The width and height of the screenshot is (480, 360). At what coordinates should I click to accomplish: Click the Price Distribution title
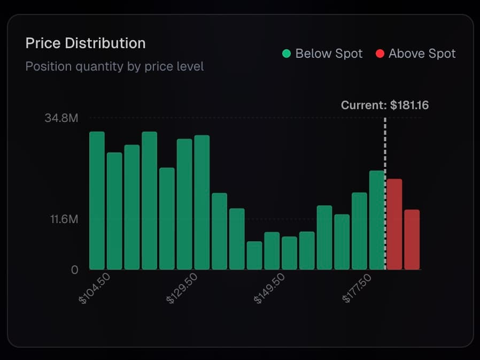coord(86,43)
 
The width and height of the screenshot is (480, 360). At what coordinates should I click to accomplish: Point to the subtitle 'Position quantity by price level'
coord(114,67)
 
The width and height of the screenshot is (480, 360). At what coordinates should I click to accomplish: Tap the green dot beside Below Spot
coord(287,53)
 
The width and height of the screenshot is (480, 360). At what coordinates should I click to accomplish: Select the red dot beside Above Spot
coord(380,53)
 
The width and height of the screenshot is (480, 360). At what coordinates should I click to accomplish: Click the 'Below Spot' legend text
coord(329,53)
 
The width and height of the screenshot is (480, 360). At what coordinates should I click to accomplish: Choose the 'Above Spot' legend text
coord(422,53)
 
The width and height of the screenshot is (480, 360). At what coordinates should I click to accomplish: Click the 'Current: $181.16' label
coord(384,105)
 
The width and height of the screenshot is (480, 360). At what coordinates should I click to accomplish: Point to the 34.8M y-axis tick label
coord(61,118)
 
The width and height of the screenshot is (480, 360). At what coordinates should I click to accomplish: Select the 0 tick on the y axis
coord(75,269)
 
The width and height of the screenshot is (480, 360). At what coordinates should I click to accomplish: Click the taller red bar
coord(394,225)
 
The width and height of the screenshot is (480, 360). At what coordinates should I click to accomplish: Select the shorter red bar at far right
coord(412,240)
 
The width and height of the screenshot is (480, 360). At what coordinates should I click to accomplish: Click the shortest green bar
coord(254,256)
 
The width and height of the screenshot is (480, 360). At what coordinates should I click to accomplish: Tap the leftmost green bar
coord(97,201)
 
